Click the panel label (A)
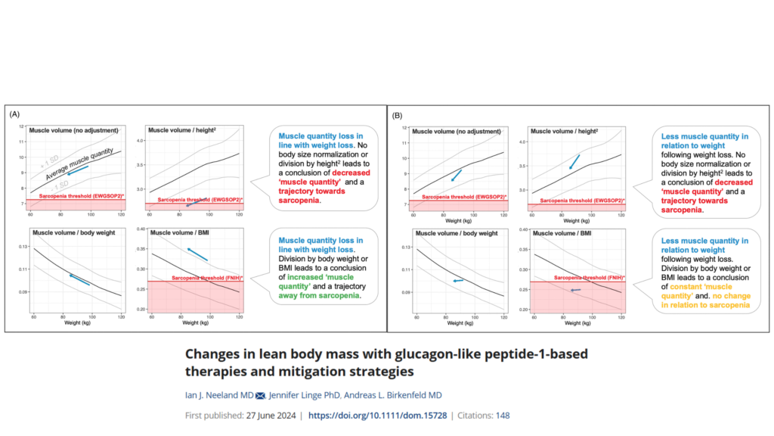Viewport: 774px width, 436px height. click(14, 114)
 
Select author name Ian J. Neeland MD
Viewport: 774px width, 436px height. click(218, 395)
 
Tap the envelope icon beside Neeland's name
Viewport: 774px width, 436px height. click(261, 395)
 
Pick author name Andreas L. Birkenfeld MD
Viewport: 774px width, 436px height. click(401, 395)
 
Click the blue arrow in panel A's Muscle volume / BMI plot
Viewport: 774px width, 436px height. click(197, 254)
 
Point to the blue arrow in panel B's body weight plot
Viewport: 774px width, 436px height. click(457, 281)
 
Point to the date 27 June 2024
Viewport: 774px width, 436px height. click(271, 416)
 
